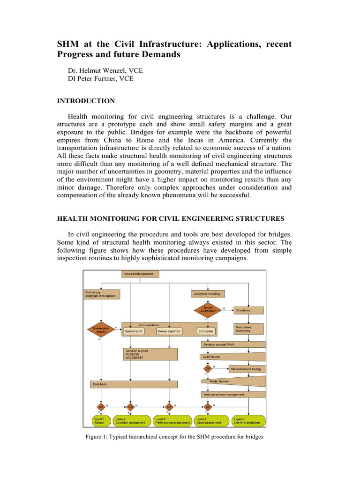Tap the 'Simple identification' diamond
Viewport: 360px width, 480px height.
tap(207, 309)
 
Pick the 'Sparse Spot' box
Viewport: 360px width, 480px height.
tap(134, 331)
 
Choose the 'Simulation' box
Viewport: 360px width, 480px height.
tap(248, 310)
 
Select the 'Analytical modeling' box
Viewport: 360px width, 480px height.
tap(209, 294)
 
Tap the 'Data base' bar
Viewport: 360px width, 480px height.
tap(133, 384)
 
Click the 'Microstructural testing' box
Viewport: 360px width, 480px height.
tap(247, 369)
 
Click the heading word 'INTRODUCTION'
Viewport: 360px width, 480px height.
tap(86, 101)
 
